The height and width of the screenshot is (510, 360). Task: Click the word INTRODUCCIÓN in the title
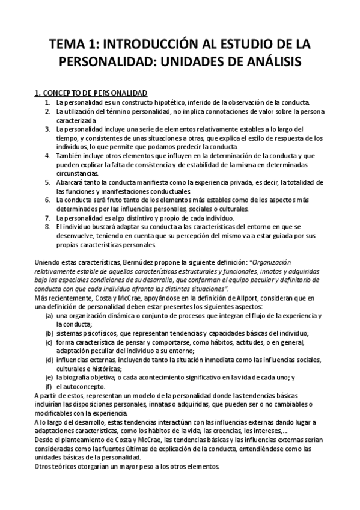pos(142,45)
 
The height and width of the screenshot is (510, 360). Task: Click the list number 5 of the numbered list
pos(47,182)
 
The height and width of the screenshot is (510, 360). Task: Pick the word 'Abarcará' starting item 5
pos(69,182)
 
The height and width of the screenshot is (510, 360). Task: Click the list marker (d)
pos(49,360)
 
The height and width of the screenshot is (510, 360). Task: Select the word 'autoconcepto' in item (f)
pos(84,386)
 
